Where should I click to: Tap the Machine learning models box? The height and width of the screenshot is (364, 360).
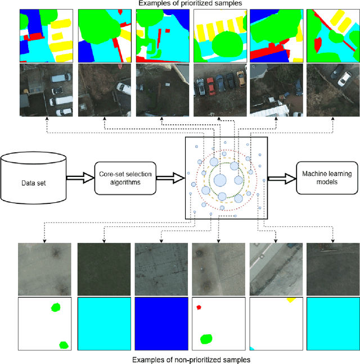pos(323,178)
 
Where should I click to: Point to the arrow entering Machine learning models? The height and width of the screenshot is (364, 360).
pos(282,178)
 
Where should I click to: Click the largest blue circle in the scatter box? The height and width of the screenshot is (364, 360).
pos(220,180)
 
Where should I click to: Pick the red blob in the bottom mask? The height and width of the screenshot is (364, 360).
pos(199,307)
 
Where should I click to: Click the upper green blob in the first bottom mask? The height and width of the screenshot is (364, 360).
pos(55,307)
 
